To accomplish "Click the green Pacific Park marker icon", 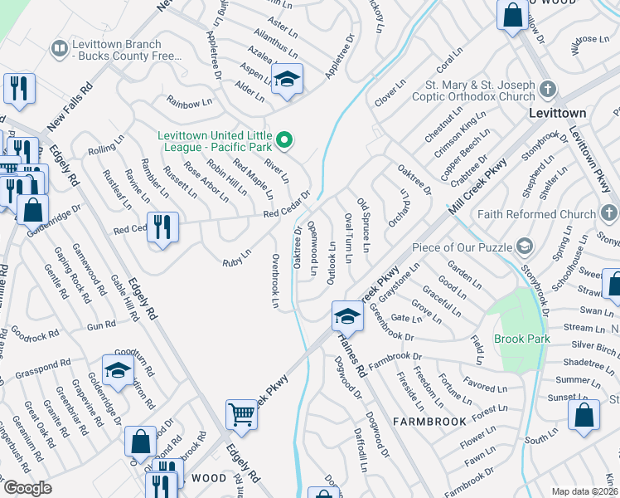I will pyautogui.click(x=284, y=139).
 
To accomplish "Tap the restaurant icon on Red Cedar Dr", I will pyautogui.click(x=162, y=227).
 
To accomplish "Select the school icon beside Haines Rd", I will pyautogui.click(x=346, y=315).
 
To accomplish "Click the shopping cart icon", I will pyautogui.click(x=241, y=413).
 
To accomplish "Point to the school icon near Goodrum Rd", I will pyautogui.click(x=118, y=369).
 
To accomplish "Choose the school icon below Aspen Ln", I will pyautogui.click(x=287, y=79).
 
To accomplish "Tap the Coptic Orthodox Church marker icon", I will pyautogui.click(x=546, y=90).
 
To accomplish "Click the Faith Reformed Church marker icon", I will pyautogui.click(x=609, y=214).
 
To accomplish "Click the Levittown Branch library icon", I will pyautogui.click(x=59, y=49).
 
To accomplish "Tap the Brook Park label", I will pyautogui.click(x=522, y=339).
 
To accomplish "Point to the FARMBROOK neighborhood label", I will pyautogui.click(x=429, y=421).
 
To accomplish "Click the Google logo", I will pyautogui.click(x=27, y=488).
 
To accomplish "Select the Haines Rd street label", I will pyautogui.click(x=350, y=360).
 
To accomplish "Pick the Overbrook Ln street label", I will pyautogui.click(x=274, y=281).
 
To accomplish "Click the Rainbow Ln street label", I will pyautogui.click(x=183, y=104).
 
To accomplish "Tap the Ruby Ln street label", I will pyautogui.click(x=236, y=258).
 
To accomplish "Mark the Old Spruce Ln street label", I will pyautogui.click(x=362, y=225).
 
